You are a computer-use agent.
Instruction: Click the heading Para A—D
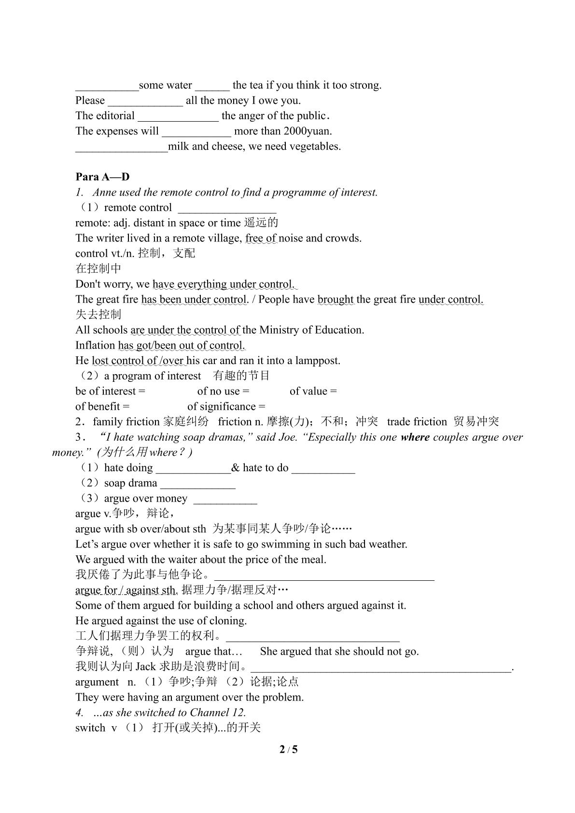pos(102,177)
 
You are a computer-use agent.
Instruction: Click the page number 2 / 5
pos(288,749)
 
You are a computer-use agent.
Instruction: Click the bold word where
pos(415,437)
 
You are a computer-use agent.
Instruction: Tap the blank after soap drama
pos(197,484)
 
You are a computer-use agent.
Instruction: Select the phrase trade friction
pos(417,421)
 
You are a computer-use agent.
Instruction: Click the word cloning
pos(229,620)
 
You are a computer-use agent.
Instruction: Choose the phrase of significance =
pos(226,406)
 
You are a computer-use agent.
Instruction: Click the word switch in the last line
pos(90,728)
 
